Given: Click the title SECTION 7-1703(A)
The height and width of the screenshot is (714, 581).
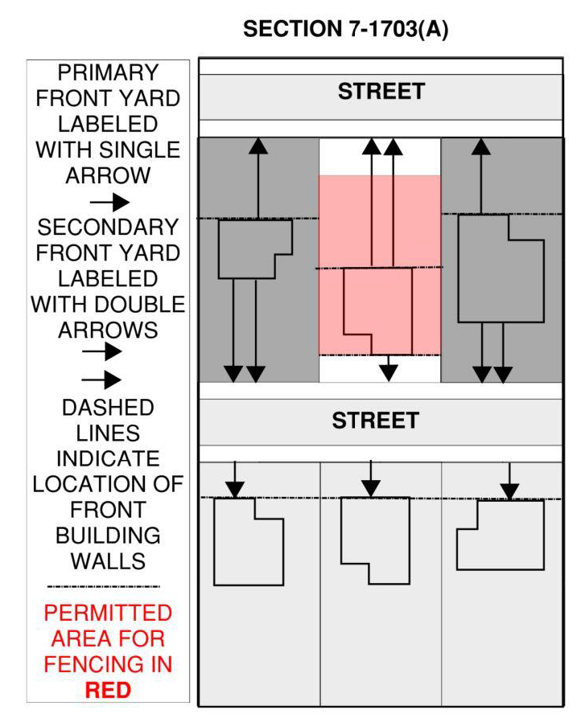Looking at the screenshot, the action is [x=345, y=30].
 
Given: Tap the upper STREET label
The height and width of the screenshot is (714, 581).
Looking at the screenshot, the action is [x=381, y=91].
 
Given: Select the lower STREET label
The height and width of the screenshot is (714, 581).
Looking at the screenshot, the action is [x=376, y=421].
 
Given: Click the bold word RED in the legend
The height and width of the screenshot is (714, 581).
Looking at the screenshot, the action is [x=107, y=690].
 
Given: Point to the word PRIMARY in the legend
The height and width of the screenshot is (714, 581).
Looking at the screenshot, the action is [x=108, y=73].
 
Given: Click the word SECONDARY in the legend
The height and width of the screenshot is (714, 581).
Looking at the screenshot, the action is [x=108, y=227].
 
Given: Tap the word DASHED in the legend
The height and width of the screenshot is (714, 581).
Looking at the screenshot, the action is [x=108, y=408].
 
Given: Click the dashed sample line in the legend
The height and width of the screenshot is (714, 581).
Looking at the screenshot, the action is [x=104, y=587].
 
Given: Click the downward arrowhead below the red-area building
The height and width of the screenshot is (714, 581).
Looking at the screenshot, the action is [x=389, y=372].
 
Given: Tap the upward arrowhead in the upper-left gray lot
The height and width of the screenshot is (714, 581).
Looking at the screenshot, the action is [x=258, y=146].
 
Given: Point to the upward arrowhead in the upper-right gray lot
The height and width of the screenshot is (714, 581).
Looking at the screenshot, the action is [x=481, y=146].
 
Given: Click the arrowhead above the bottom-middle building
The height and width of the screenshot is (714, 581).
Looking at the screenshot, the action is [x=370, y=488].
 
